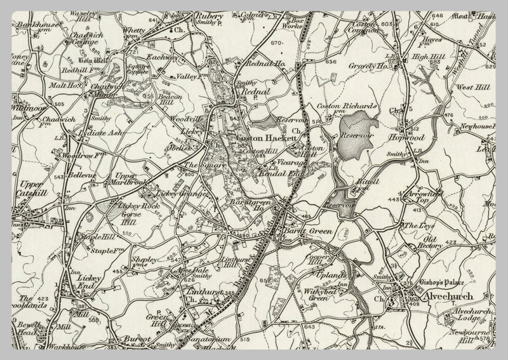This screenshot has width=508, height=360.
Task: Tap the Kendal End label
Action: coord(275,173)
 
